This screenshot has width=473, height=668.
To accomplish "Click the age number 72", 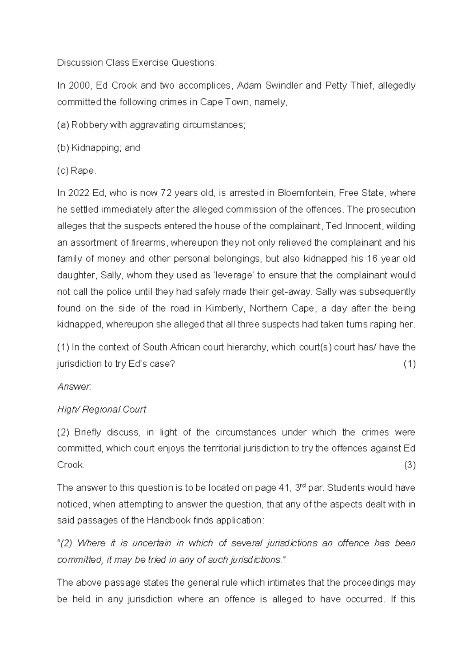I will tap(166, 193).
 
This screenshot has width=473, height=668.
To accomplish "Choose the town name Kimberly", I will tap(224, 308).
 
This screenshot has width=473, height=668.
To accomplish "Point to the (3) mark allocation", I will tap(409, 465).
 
